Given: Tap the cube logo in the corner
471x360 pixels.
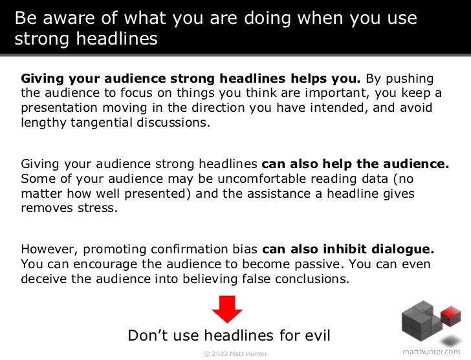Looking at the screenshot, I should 430,322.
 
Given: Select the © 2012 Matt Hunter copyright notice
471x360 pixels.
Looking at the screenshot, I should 235,354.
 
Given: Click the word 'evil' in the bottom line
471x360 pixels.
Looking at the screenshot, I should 316,335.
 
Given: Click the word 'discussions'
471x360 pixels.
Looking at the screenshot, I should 174,121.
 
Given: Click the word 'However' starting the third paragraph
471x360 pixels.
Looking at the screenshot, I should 45,249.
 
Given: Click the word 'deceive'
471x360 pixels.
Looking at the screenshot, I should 44,279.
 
